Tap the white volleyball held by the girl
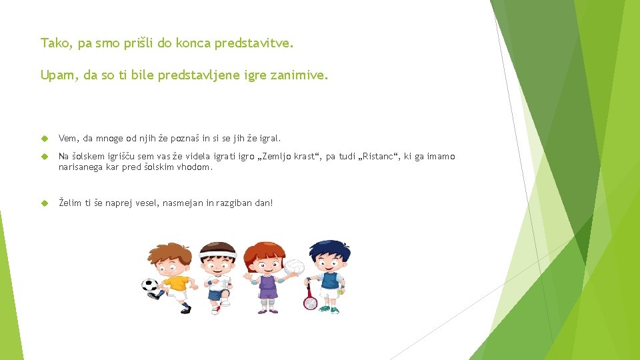click(x=294, y=268)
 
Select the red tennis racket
click(x=310, y=301)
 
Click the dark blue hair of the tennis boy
click(x=329, y=248)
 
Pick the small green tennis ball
click(x=341, y=291)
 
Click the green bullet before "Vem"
click(x=45, y=139)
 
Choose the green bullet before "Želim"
click(x=45, y=202)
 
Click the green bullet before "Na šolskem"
click(x=45, y=157)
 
